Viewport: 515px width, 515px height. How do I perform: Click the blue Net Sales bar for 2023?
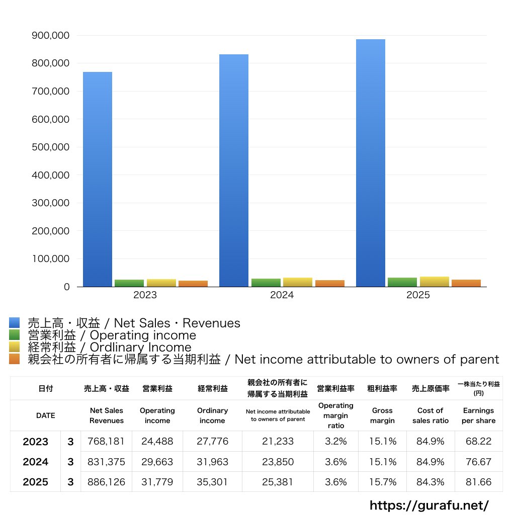(98, 179)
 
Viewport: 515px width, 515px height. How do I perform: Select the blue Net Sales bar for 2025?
(371, 163)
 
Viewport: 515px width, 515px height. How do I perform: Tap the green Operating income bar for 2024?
(266, 283)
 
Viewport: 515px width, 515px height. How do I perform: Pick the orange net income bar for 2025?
(466, 283)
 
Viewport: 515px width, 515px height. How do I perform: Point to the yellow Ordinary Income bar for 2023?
(161, 283)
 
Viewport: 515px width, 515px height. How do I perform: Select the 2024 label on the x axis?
(282, 295)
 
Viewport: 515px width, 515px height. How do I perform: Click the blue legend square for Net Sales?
(14, 323)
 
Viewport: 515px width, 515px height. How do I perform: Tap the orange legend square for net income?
(14, 359)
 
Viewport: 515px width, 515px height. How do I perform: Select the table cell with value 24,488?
(157, 442)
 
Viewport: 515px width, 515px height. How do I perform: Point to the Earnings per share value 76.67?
(478, 462)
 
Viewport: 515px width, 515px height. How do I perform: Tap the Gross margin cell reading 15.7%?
(383, 482)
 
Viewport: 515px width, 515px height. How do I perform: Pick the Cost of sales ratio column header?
(430, 415)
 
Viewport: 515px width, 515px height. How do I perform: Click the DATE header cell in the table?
(45, 415)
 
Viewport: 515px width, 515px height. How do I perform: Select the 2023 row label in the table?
(36, 442)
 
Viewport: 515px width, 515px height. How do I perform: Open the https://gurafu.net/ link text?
(429, 505)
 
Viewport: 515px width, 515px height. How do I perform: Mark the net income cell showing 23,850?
(278, 462)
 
